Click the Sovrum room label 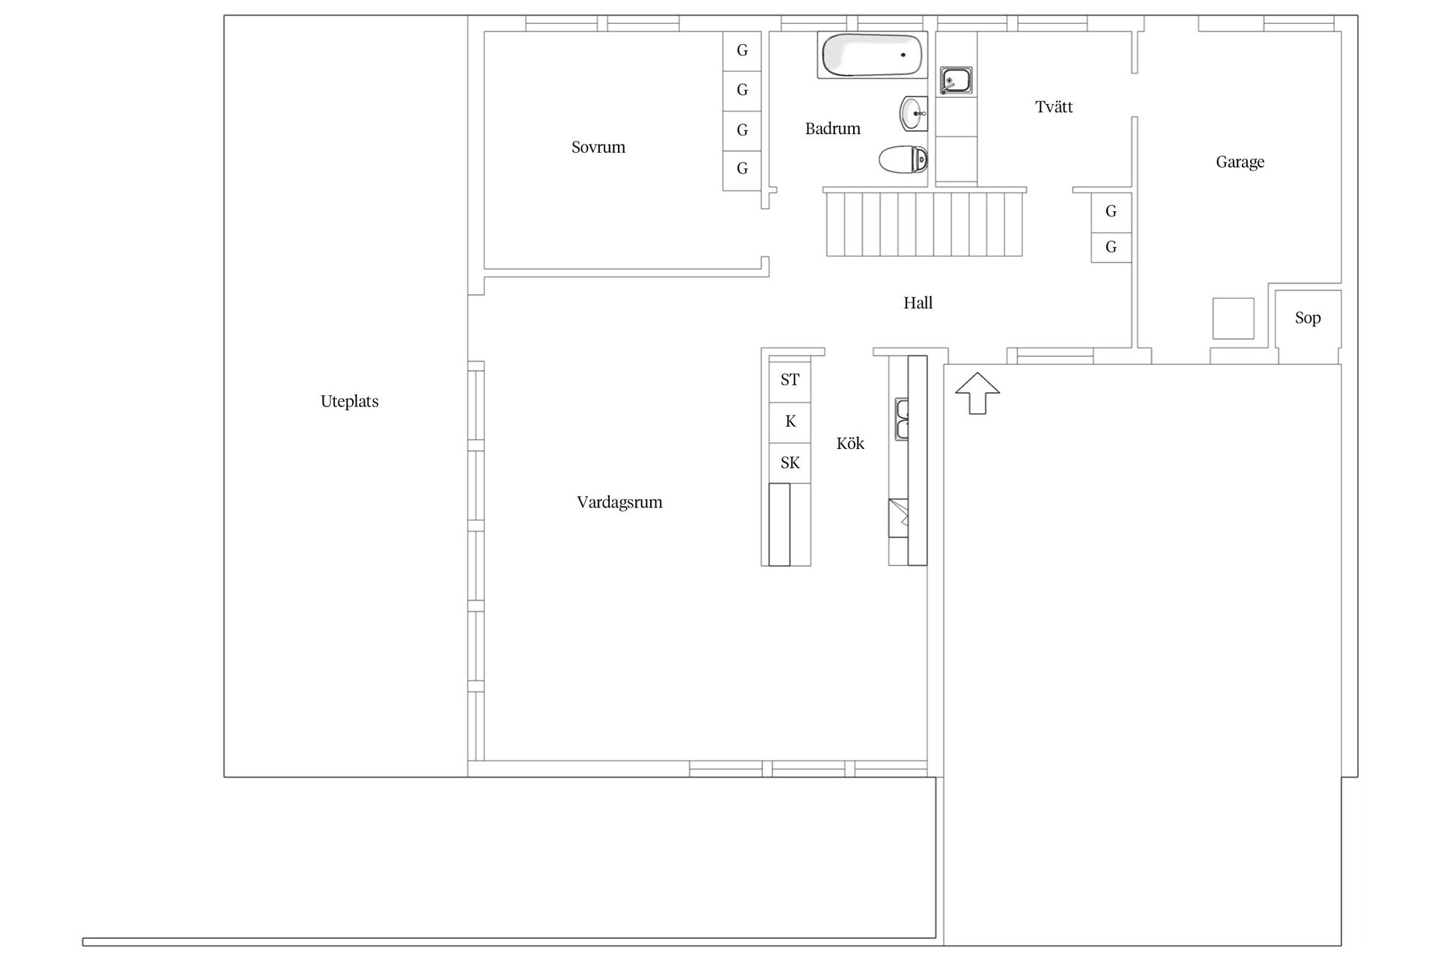[x=598, y=147]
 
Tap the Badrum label [x=832, y=129]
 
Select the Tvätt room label [x=1054, y=107]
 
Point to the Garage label [x=1240, y=162]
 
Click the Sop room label [x=1308, y=318]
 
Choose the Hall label [x=917, y=303]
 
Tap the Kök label [x=850, y=443]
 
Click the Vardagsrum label [x=619, y=502]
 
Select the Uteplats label [x=349, y=401]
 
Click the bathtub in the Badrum [x=872, y=55]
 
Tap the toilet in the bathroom [x=903, y=159]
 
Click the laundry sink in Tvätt [x=956, y=81]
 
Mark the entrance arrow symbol [x=977, y=392]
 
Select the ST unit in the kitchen [x=789, y=380]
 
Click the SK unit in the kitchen [x=789, y=463]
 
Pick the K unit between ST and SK [x=789, y=422]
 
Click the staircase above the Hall [x=924, y=222]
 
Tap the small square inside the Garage [x=1233, y=318]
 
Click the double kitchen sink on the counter [x=902, y=419]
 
